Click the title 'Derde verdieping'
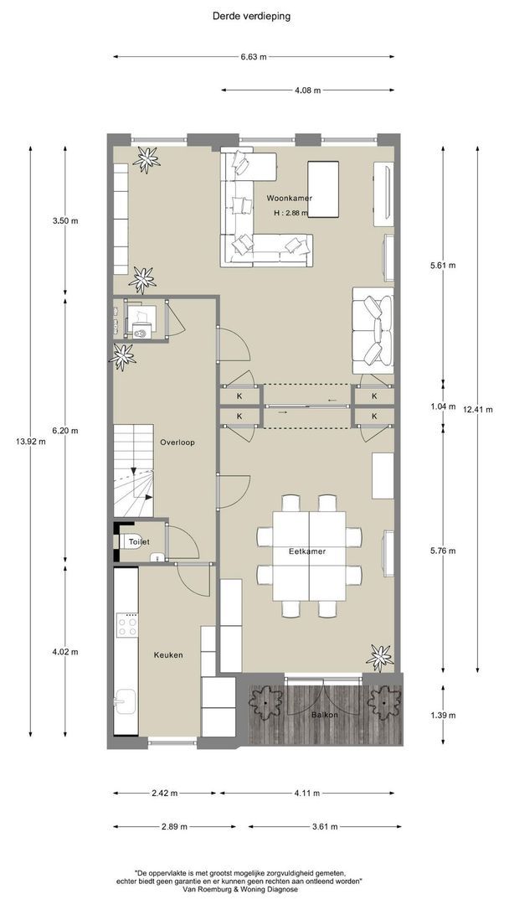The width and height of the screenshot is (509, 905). (251, 16)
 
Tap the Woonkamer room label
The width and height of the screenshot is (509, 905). (290, 198)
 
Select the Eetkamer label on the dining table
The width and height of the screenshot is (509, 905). (307, 551)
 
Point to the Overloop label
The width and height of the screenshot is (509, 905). (177, 442)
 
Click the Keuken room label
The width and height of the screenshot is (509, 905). (168, 655)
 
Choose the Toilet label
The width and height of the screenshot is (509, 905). (139, 542)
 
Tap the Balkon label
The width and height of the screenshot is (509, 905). (325, 715)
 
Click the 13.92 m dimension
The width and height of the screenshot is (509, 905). (31, 442)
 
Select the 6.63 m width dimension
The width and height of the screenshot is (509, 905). (254, 57)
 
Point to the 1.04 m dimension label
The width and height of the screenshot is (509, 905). (443, 406)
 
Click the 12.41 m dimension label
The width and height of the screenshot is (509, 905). (478, 410)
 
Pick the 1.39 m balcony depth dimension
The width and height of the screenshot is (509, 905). (443, 715)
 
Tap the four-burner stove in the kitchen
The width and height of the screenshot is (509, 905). (127, 624)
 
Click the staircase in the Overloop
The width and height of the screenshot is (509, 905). (133, 470)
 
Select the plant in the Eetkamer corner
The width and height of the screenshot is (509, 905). (379, 657)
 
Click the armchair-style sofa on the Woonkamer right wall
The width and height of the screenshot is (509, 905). (373, 330)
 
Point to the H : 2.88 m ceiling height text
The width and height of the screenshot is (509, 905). (290, 213)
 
